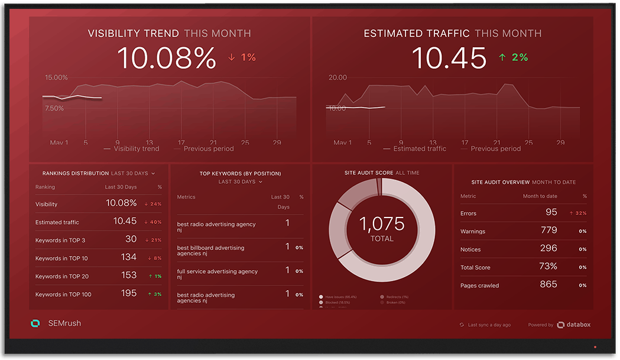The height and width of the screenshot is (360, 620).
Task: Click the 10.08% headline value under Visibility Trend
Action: point(166,58)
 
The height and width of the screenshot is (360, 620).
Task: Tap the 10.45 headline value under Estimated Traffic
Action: point(449,58)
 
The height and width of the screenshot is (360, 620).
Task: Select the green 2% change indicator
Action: point(513,57)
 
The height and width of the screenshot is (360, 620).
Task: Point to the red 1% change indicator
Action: point(242,57)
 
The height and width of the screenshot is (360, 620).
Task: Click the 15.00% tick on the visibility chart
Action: point(56,77)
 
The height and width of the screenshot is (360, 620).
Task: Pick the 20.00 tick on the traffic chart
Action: point(337,77)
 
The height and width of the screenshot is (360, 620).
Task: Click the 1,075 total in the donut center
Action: point(382,224)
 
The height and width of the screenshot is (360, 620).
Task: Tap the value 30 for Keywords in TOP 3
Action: point(131,239)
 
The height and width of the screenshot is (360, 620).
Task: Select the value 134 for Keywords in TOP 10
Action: point(128,257)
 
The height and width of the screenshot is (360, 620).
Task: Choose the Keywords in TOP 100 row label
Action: point(63,294)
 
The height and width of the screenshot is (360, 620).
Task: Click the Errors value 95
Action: point(551,212)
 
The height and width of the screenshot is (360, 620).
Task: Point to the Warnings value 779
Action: point(548,231)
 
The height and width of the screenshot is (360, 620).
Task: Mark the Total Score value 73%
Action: point(548,267)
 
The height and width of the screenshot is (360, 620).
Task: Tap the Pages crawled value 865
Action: point(548,284)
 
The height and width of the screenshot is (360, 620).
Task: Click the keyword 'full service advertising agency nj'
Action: point(218,274)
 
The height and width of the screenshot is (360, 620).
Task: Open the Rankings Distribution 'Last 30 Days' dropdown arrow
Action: point(153,174)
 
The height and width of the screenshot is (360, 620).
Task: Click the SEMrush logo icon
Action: point(35,323)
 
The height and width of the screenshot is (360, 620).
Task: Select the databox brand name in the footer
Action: point(579,325)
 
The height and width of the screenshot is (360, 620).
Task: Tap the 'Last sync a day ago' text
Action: point(489,325)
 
